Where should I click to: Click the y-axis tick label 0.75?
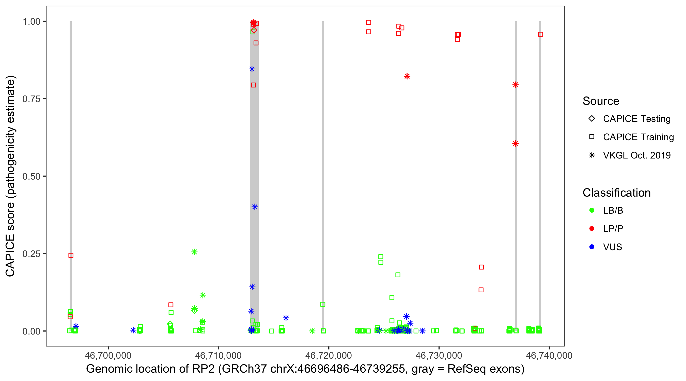pos(31,99)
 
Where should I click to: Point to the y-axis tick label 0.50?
pos(31,176)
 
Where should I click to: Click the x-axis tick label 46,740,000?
pos(549,355)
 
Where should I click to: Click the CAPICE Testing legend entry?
pos(636,119)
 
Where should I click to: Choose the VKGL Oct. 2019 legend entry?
pos(636,155)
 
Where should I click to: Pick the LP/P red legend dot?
pos(592,229)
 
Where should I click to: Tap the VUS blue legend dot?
pos(592,247)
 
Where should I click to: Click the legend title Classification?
pos(616,193)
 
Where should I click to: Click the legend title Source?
pos(601,101)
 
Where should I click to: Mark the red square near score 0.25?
pos(71,255)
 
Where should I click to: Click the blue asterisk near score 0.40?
pos(255,207)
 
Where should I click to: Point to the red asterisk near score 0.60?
pos(515,144)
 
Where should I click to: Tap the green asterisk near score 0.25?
pos(194,252)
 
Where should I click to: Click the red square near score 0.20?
pos(481,267)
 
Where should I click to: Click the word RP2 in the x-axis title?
pos(206,369)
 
